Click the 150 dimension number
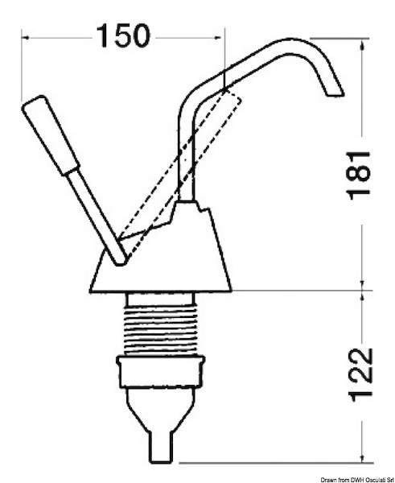123,35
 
